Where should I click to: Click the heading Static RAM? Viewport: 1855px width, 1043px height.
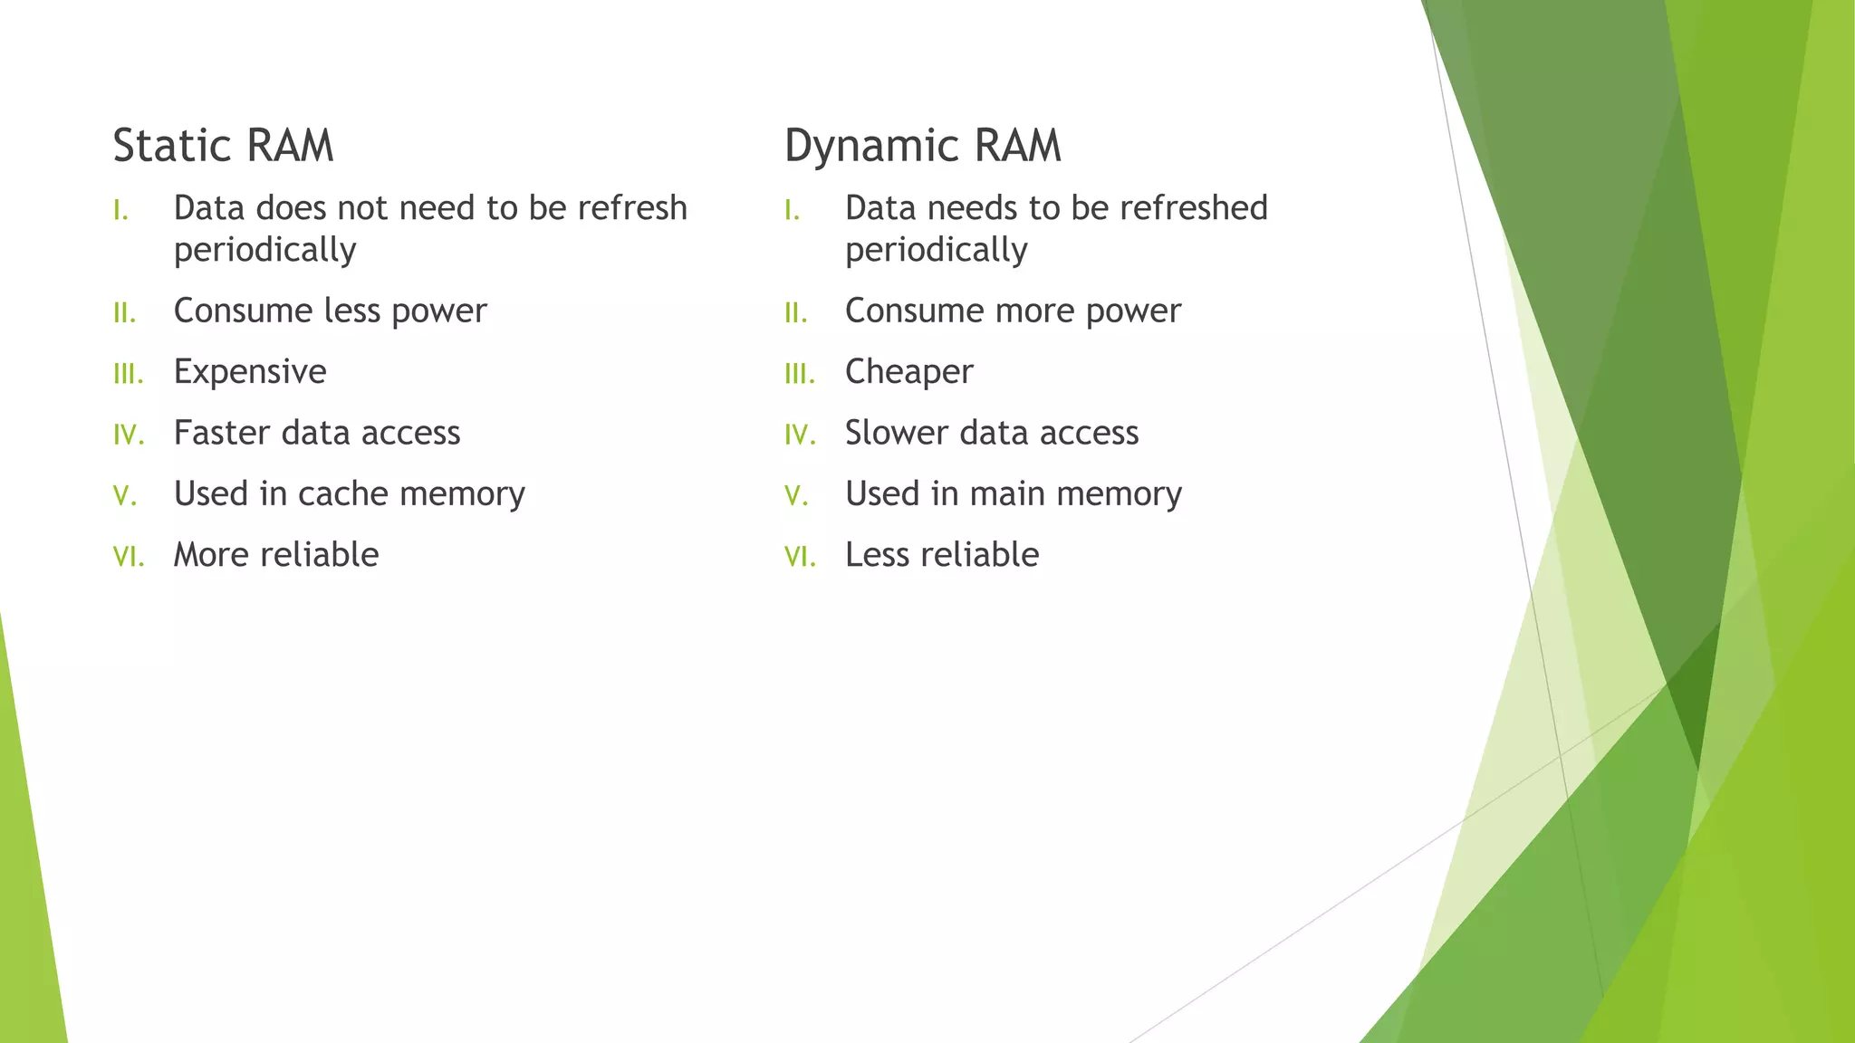(x=223, y=146)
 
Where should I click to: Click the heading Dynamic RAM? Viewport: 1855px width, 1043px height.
(x=922, y=146)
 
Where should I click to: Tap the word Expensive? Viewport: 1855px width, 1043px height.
(x=250, y=372)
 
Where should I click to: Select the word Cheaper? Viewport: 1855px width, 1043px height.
(x=908, y=372)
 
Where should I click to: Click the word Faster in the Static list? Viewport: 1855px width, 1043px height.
(x=221, y=433)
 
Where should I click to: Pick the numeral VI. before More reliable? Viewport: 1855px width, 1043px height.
(x=129, y=556)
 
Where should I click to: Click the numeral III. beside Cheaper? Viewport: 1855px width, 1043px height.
(x=800, y=373)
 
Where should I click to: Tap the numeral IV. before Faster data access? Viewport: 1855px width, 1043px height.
(x=129, y=435)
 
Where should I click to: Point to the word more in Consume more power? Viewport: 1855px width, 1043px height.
(x=1034, y=311)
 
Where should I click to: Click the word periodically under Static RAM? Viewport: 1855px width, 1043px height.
(x=264, y=251)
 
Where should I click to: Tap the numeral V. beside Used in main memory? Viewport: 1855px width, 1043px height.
(x=796, y=495)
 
